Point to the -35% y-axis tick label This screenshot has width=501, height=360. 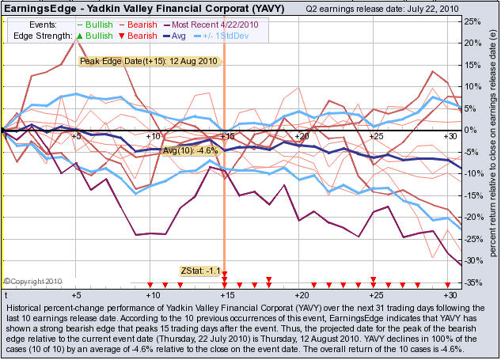tap(473, 282)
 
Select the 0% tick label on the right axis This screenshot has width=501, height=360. tap(472, 130)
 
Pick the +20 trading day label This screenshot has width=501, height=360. tap(301, 137)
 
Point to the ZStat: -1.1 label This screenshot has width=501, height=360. tap(203, 270)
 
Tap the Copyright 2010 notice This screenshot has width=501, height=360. tap(31, 280)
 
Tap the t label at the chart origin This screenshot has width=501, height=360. tap(5, 137)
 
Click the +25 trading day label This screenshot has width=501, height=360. tap(375, 137)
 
